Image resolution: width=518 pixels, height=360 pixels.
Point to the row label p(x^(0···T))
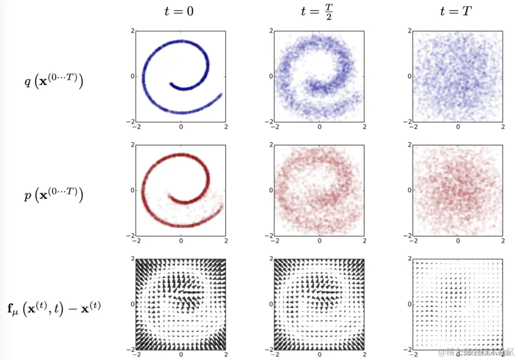coord(54,196)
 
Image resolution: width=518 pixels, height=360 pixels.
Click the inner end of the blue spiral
coord(171,84)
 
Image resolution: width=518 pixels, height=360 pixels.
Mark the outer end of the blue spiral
coord(221,94)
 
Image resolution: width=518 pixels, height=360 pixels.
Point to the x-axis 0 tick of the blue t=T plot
coord(458,127)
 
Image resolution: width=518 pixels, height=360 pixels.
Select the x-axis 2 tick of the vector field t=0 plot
coord(226,354)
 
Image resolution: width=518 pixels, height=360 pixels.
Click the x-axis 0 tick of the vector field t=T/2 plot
coord(319,354)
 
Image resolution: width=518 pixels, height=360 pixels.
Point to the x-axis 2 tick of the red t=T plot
coord(503,241)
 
